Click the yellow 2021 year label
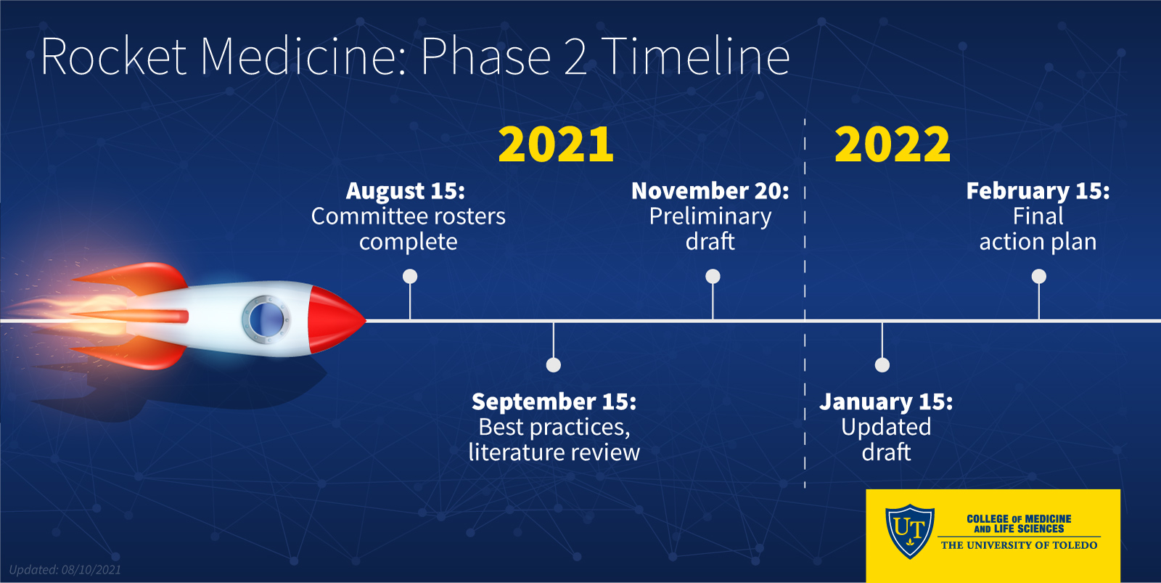(556, 144)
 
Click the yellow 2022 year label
(892, 144)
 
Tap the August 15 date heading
(406, 191)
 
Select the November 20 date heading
(710, 191)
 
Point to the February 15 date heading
(1038, 191)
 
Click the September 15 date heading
(554, 401)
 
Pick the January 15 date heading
(886, 401)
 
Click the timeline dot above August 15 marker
(410, 276)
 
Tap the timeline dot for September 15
(554, 364)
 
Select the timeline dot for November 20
(713, 276)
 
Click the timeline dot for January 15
(882, 364)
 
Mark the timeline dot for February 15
(1039, 276)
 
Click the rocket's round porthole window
(265, 318)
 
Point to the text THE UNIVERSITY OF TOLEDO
(1019, 545)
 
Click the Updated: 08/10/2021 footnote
(65, 570)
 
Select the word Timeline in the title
(695, 57)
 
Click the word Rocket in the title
(114, 57)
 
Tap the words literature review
(554, 452)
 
